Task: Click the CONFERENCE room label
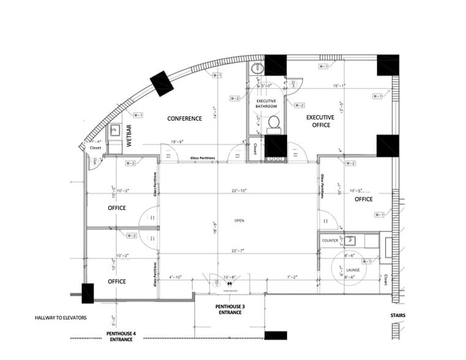coord(184,119)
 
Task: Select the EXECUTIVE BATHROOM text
coord(266,103)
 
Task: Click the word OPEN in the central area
coord(239,220)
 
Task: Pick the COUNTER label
coord(330,241)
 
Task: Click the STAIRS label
coord(397,316)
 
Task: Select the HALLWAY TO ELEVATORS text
coord(61,318)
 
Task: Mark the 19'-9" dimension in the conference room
coord(178,141)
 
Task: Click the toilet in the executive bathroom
coord(274,122)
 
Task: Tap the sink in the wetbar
coord(114,130)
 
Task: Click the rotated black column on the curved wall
coord(162,83)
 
